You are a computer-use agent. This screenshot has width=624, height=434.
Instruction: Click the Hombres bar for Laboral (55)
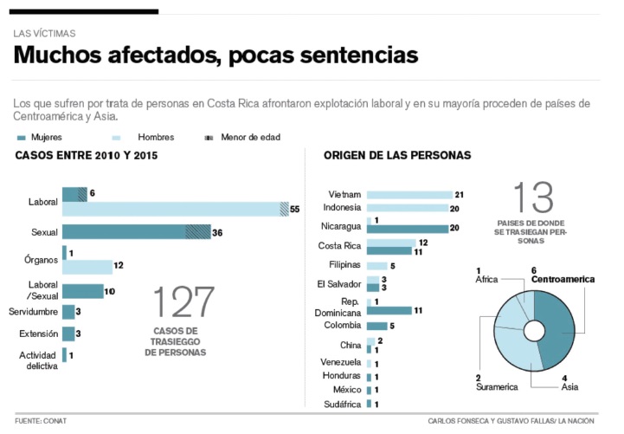(x=173, y=209)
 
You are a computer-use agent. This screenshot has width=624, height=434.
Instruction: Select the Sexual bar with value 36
(x=136, y=231)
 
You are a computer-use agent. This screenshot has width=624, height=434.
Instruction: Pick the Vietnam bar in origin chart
(x=409, y=194)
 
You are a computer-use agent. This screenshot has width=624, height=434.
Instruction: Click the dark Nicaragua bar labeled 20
(x=408, y=228)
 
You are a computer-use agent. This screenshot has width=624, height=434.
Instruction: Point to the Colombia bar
(x=377, y=326)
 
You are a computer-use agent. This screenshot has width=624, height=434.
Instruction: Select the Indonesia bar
(x=408, y=208)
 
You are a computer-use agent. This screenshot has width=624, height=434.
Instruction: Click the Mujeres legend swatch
(x=22, y=138)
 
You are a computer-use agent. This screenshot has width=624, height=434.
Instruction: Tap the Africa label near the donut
(x=489, y=279)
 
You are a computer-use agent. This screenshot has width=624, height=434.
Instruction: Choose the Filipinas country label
(x=344, y=265)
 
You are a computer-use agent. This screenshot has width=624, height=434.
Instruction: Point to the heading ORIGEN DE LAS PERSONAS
(x=396, y=156)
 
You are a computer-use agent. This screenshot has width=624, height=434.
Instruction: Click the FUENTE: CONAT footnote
(x=41, y=421)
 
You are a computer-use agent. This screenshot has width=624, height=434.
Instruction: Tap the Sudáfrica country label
(x=343, y=404)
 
